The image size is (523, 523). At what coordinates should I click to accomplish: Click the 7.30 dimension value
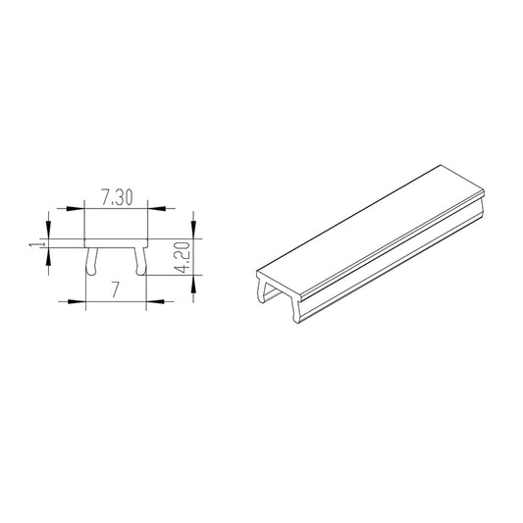116,198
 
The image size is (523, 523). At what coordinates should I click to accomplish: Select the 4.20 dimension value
181,257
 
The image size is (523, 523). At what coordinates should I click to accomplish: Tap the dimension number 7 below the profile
116,290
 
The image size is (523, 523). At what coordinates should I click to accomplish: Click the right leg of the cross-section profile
142,260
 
